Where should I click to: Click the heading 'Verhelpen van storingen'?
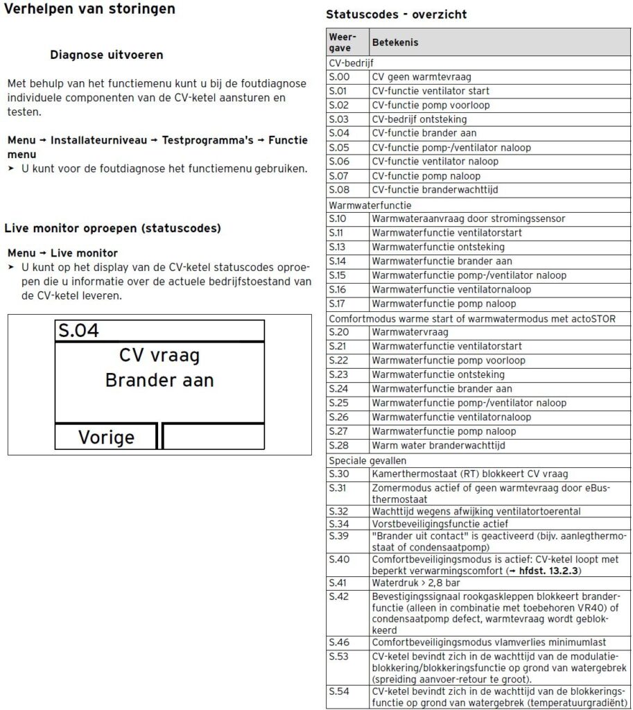click(x=89, y=10)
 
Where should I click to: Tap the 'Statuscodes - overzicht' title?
click(x=396, y=15)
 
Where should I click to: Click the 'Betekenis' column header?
click(x=395, y=43)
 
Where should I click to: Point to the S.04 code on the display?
click(x=78, y=331)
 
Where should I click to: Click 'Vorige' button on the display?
click(x=106, y=438)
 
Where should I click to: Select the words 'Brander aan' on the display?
click(x=159, y=381)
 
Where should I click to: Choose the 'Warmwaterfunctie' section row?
click(x=370, y=205)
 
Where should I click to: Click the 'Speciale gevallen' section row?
click(x=367, y=460)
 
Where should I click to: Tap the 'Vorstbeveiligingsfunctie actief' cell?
click(x=440, y=523)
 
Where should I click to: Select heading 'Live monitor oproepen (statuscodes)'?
click(x=112, y=228)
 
